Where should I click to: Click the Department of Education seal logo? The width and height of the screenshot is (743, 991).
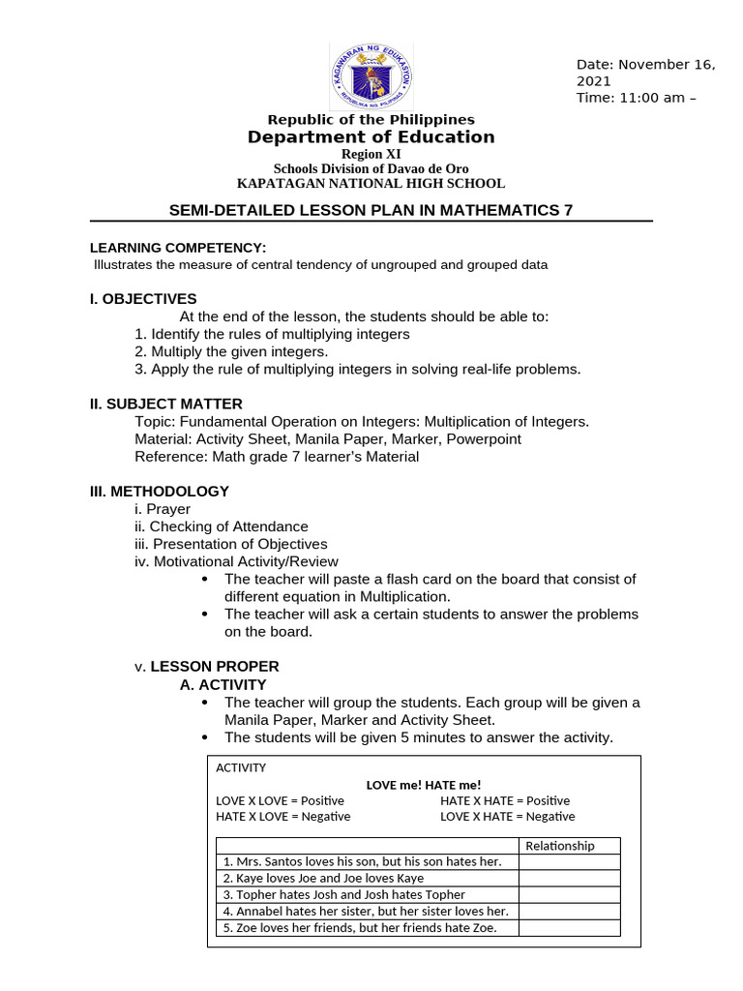(x=371, y=76)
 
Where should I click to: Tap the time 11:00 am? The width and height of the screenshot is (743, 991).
(x=639, y=98)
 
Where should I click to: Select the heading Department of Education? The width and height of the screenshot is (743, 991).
(x=371, y=137)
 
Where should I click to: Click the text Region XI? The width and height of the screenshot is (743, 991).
(x=371, y=154)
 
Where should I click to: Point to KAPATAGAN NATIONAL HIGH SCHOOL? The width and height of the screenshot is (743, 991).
(x=371, y=184)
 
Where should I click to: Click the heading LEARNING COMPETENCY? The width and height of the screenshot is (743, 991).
(x=178, y=248)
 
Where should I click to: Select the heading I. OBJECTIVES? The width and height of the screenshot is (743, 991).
(x=143, y=299)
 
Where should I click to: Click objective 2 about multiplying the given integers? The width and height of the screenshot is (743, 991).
(x=231, y=351)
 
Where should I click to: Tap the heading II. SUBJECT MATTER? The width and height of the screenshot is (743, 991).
(x=166, y=404)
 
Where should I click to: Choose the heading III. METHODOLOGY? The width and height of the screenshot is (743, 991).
(x=160, y=491)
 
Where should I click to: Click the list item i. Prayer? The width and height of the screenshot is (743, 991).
(x=163, y=509)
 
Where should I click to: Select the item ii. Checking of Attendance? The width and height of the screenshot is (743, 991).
(x=222, y=526)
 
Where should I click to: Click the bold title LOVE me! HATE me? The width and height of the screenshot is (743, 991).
(x=423, y=785)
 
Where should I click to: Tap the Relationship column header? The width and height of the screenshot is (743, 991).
(x=559, y=846)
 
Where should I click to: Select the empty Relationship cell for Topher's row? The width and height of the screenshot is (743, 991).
(x=569, y=895)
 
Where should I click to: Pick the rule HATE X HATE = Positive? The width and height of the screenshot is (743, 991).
(x=505, y=801)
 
